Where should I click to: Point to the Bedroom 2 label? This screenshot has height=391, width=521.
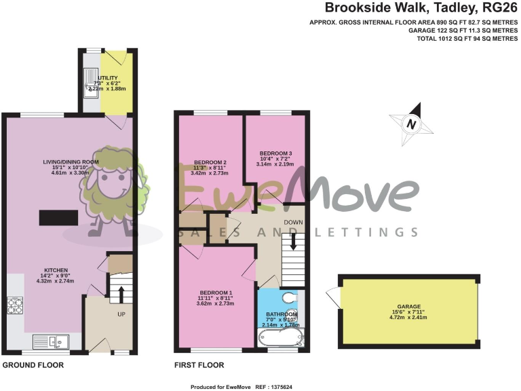pos(210,162)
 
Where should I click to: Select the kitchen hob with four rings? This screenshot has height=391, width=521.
pos(15,306)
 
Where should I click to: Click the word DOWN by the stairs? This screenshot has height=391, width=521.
pos(294,222)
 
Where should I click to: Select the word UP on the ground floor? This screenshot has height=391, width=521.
pos(121,314)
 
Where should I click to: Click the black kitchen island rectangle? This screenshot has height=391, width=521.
pos(60,217)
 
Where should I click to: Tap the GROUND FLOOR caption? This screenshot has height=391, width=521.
pos(33,365)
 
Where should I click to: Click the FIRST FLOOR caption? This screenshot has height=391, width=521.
pos(199,365)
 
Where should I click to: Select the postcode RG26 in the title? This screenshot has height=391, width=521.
pos(499,8)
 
